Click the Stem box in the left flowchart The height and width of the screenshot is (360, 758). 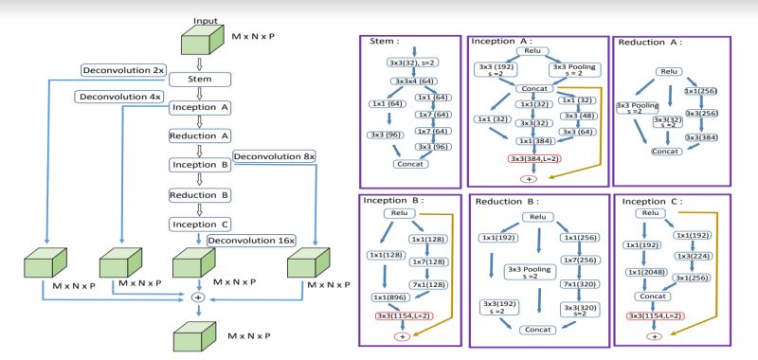[x=200, y=79]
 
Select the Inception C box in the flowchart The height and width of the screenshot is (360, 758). [x=200, y=224]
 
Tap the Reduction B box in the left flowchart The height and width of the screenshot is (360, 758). [x=200, y=195]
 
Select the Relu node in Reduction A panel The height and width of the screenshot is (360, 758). [x=669, y=71]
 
